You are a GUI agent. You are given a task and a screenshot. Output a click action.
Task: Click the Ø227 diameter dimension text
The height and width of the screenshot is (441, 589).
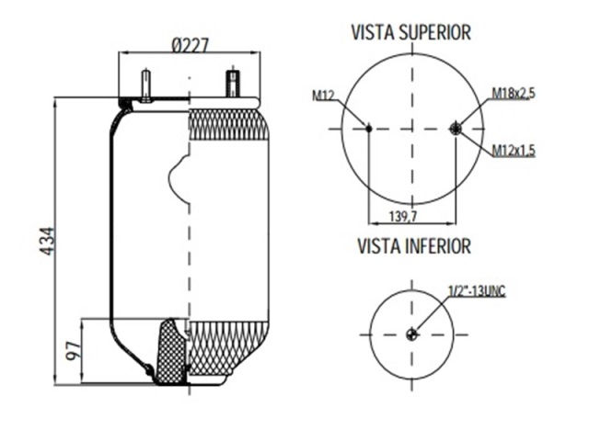188,44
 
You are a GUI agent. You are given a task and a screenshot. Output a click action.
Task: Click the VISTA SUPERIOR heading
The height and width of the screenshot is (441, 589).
410,33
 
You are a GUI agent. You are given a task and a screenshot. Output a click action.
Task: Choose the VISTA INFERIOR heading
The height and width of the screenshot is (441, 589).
413,246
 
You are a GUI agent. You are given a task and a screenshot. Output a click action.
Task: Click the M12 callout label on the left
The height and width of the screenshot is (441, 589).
323,95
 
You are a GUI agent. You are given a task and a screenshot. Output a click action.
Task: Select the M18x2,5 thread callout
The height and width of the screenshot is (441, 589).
514,93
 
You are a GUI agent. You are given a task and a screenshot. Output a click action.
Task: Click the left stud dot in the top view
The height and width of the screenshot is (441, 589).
367,130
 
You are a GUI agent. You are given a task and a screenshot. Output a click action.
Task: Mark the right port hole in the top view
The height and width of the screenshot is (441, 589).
457,130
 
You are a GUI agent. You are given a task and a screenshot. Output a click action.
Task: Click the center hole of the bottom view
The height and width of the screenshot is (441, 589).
411,334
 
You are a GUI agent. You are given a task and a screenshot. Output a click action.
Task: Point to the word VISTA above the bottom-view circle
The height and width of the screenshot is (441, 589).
377,246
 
